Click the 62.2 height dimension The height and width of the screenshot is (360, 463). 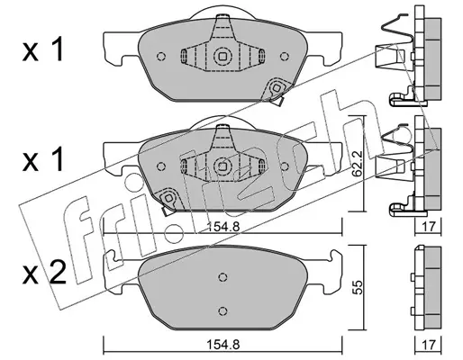[x=358, y=164]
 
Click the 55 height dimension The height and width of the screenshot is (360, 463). [x=358, y=287]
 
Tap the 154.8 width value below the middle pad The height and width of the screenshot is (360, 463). [x=222, y=227]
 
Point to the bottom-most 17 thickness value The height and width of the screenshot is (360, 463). [x=428, y=345]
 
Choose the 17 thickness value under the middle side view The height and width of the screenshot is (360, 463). [x=428, y=227]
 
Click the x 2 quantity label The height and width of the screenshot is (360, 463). [x=44, y=273]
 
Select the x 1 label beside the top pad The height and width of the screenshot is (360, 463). [x=43, y=49]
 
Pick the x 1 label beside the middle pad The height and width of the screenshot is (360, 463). [x=43, y=159]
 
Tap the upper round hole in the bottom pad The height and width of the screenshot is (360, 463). [x=222, y=277]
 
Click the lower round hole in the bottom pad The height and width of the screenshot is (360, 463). [x=222, y=310]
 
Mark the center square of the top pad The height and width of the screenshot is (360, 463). [x=222, y=56]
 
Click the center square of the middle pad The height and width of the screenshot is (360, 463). [x=222, y=166]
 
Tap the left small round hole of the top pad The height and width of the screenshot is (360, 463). [x=161, y=56]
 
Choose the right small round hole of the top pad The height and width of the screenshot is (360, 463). [x=284, y=56]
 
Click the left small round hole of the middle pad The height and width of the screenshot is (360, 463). [x=161, y=166]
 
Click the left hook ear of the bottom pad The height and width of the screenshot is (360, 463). [x=111, y=256]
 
